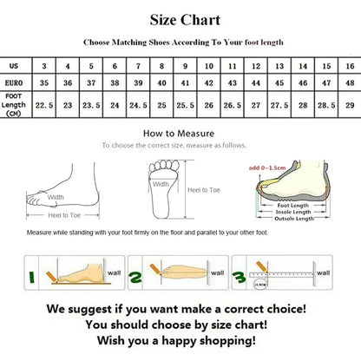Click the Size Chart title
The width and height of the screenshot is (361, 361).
[184, 19]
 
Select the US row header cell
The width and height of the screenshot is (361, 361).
[14, 66]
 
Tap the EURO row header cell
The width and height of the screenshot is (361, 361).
[14, 83]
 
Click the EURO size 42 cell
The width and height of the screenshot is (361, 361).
[207, 83]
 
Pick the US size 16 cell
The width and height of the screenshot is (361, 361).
[347, 66]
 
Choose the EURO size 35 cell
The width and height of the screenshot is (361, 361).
[43, 83]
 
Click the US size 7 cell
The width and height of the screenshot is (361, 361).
[137, 66]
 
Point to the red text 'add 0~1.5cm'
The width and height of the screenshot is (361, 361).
[269, 167]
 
